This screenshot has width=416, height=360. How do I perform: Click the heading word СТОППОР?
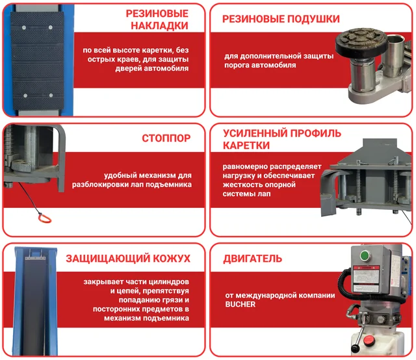click(x=166, y=138)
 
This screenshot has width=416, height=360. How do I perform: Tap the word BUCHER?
click(x=240, y=304)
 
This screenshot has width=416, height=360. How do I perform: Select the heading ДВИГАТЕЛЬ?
click(x=252, y=259)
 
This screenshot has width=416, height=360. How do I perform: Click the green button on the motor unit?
click(x=365, y=256)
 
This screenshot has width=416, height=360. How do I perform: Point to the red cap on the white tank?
click(x=369, y=340)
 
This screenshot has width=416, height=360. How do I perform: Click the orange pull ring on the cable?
click(x=44, y=218)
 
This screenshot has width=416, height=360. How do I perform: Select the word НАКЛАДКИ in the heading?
click(x=159, y=26)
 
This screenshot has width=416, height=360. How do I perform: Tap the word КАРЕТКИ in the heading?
click(x=246, y=146)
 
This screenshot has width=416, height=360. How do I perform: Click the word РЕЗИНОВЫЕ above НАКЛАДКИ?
click(x=157, y=14)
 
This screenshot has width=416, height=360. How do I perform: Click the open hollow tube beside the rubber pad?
click(x=395, y=55)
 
